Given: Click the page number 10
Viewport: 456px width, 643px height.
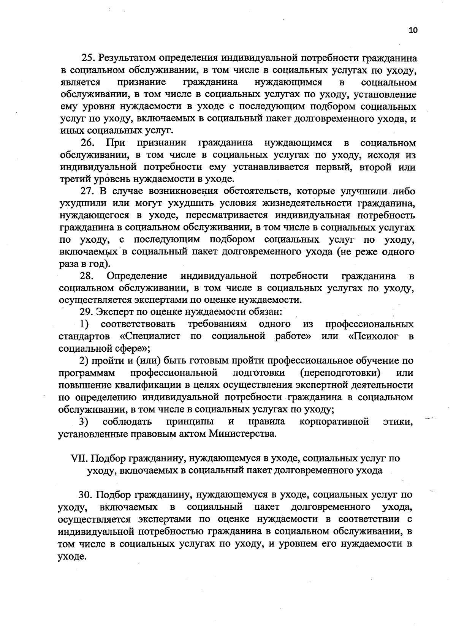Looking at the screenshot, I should click(x=413, y=31).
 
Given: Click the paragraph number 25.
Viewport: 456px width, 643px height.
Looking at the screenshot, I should click(x=87, y=58).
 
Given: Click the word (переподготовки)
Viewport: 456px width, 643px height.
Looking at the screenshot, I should click(x=340, y=373).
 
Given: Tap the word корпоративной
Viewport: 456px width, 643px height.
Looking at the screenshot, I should click(x=334, y=422).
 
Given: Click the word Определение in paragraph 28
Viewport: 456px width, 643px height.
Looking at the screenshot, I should click(x=137, y=276).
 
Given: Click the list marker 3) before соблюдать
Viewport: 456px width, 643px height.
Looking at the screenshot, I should click(x=84, y=422).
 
